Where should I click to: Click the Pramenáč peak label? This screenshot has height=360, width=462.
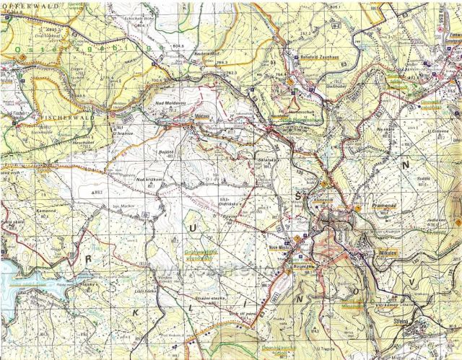(380, 206)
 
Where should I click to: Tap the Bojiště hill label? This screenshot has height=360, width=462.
(167, 154)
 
